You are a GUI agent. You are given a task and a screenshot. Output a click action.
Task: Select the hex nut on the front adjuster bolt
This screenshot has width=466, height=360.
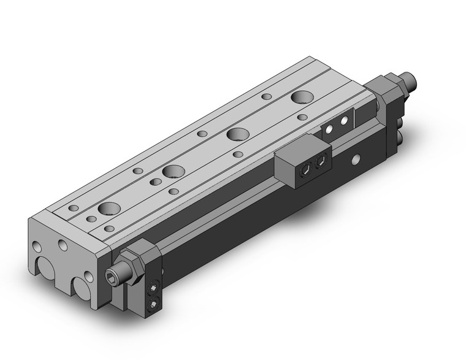point(132,262)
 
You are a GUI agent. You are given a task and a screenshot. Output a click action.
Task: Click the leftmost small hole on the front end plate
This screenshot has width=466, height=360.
point(37,247)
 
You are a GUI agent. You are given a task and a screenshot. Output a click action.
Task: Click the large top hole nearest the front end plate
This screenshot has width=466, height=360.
point(110,208)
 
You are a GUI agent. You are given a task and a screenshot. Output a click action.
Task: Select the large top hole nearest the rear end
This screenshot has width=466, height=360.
point(301,97)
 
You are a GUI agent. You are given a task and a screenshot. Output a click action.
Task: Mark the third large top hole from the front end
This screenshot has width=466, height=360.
point(237,134)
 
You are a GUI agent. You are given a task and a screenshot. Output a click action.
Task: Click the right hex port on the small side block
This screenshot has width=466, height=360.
point(319,162)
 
